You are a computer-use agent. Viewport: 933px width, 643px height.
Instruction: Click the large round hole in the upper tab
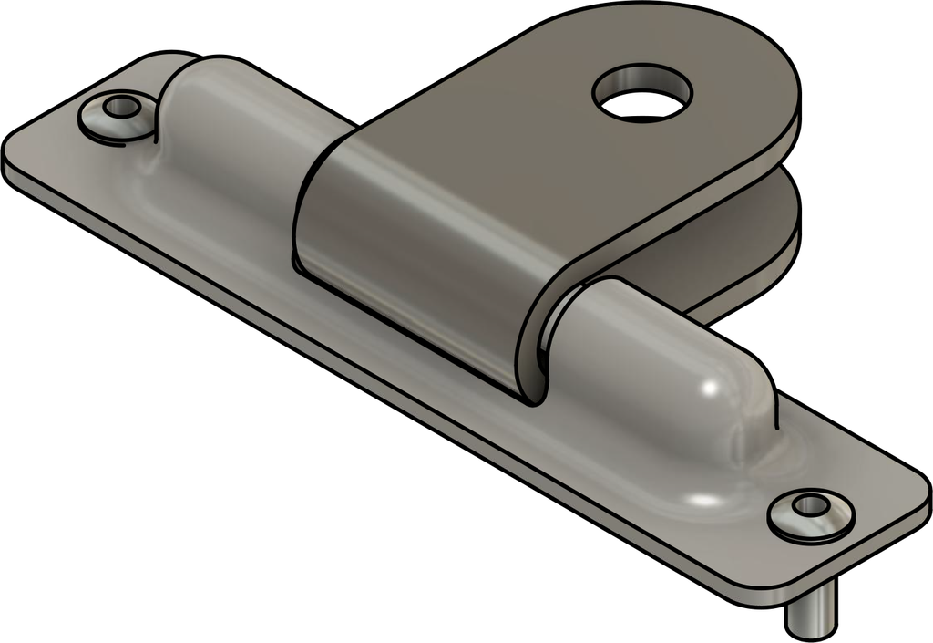(x=642, y=93)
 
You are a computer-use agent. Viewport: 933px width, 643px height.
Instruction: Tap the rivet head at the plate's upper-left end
(x=117, y=114)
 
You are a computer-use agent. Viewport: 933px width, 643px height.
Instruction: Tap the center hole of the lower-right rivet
(x=808, y=504)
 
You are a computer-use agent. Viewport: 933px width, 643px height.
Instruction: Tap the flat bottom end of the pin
(x=811, y=627)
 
